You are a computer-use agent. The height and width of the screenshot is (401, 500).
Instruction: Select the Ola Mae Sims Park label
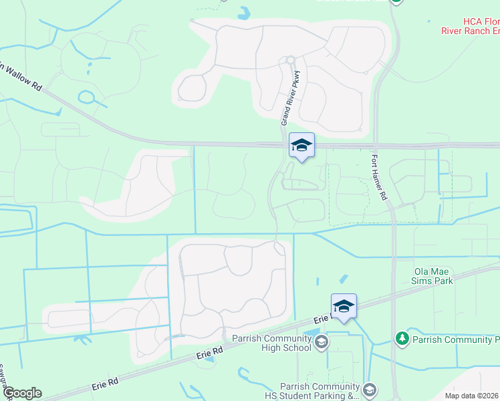coord(433,276)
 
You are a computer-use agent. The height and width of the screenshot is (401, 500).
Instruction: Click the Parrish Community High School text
coord(271,342)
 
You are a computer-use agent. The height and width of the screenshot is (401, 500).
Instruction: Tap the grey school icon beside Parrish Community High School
coord(321,343)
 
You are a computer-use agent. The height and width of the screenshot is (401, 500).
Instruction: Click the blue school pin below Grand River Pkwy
coord(301,146)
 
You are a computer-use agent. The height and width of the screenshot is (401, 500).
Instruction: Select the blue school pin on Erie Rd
coord(344,307)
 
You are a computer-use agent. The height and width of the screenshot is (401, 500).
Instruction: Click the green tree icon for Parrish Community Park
coord(402,340)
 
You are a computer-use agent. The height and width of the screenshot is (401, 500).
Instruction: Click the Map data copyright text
coord(472,396)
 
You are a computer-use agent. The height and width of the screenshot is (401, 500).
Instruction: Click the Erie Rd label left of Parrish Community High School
coord(209,353)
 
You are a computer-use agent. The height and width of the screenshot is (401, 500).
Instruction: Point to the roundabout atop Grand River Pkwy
coord(290,60)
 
